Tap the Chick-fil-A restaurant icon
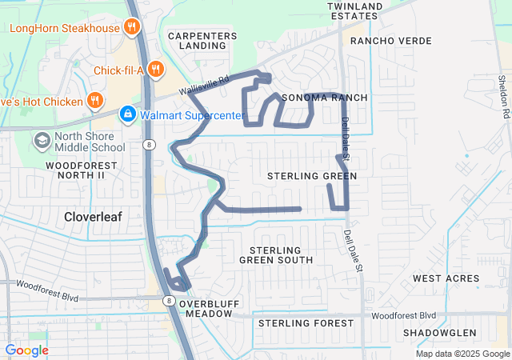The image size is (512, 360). click(x=156, y=70)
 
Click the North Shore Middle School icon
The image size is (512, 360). click(x=42, y=141)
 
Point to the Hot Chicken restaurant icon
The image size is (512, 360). click(x=96, y=102)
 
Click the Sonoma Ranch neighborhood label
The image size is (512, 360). click(x=324, y=98)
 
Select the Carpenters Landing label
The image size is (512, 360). click(x=202, y=41)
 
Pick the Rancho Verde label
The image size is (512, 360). click(x=391, y=41)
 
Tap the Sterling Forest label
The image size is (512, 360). click(x=305, y=323)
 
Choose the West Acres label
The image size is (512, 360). click(x=446, y=278)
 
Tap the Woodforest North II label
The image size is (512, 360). click(x=64, y=170)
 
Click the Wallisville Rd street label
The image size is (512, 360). click(x=203, y=84)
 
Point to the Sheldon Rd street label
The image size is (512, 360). click(x=502, y=97)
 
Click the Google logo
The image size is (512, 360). click(x=27, y=350)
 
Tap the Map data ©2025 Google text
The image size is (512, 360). click(x=462, y=354)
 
